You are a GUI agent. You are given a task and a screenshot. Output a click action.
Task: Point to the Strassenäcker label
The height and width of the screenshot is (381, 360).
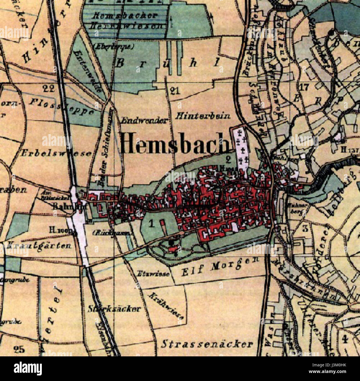pos(207,344)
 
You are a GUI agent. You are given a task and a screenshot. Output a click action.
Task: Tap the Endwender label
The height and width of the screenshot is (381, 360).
pos(145,120)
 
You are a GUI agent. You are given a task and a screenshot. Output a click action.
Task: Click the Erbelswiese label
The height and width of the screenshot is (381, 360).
pos(56,153)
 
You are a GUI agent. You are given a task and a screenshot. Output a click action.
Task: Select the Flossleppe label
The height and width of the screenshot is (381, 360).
pos(61,107)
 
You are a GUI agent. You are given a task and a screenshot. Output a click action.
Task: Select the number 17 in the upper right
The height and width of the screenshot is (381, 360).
pos(304,87)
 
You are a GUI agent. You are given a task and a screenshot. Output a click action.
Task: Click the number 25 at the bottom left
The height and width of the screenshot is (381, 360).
pos(19,349)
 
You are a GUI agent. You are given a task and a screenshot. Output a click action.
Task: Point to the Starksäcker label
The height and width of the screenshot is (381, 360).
pos(114,309)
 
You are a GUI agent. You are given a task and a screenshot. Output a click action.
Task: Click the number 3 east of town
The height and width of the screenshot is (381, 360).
pos(305,229)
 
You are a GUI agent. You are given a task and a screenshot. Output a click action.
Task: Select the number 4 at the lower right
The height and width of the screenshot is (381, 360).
pos(344,339)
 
